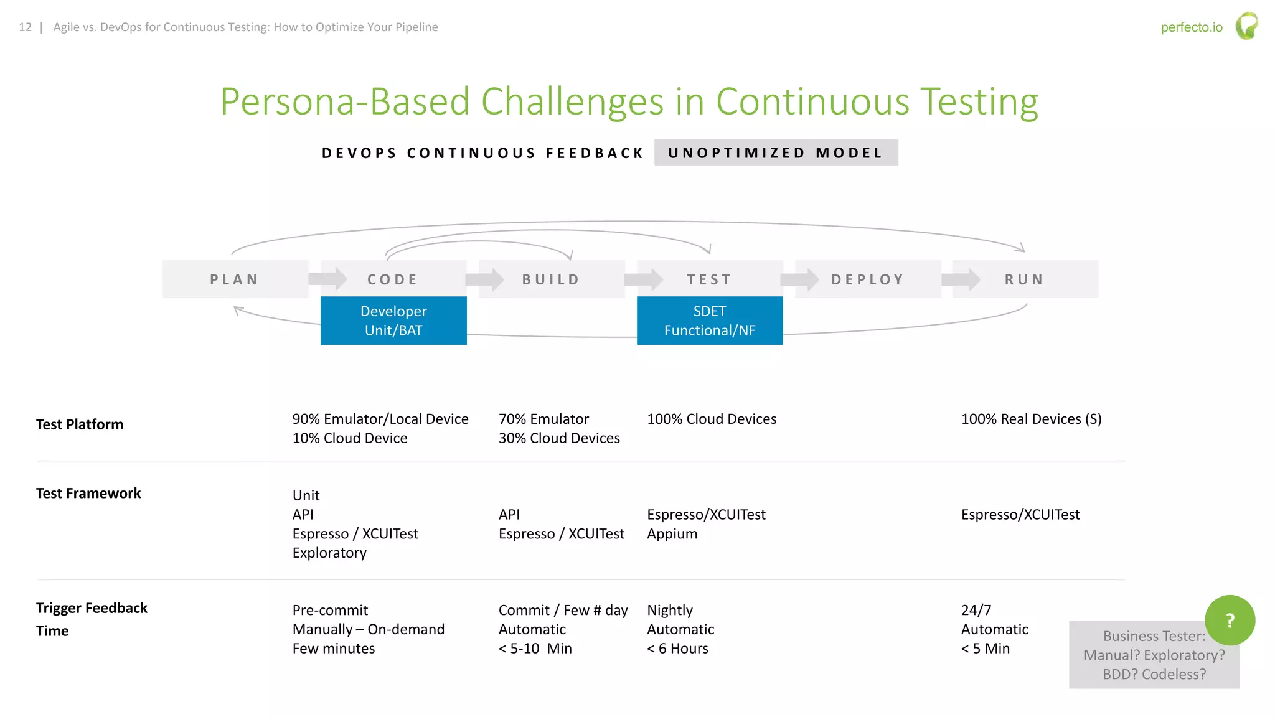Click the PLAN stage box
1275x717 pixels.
pyautogui.click(x=235, y=279)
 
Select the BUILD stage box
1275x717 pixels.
pyautogui.click(x=552, y=279)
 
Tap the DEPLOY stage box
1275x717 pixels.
pyautogui.click(x=868, y=279)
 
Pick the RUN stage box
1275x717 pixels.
pyautogui.click(x=1025, y=279)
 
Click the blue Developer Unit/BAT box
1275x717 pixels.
pyautogui.click(x=393, y=321)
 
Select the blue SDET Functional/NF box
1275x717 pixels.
pyautogui.click(x=710, y=321)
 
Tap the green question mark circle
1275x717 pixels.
pyautogui.click(x=1230, y=621)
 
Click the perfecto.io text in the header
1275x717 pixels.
pyautogui.click(x=1192, y=27)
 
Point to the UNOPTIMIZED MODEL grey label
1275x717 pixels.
pyautogui.click(x=776, y=152)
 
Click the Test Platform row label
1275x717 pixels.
pyautogui.click(x=80, y=424)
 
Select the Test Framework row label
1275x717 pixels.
pyautogui.click(x=88, y=494)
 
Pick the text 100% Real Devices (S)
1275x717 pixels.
pyautogui.click(x=1031, y=419)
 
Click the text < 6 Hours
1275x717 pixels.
pyautogui.click(x=677, y=649)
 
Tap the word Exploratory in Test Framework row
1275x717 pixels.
pyautogui.click(x=329, y=553)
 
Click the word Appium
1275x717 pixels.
pyautogui.click(x=672, y=534)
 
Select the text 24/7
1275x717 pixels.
pyautogui.click(x=976, y=610)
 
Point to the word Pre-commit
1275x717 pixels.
pyautogui.click(x=330, y=610)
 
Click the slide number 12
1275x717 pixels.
pyautogui.click(x=25, y=27)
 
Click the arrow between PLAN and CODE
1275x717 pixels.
pyautogui.click(x=328, y=279)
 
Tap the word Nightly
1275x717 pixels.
pyautogui.click(x=670, y=610)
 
